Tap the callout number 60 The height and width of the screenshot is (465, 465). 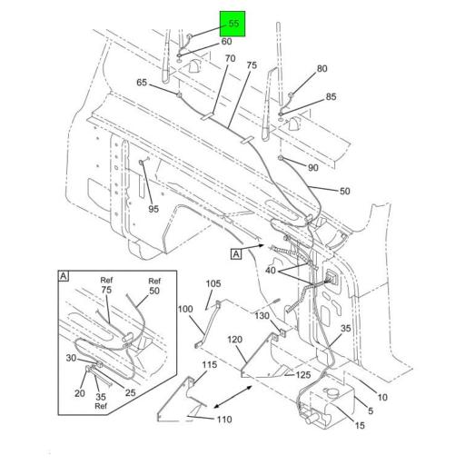[x=226, y=42]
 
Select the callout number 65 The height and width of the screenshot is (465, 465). [x=142, y=83]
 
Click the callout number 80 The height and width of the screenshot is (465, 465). [x=322, y=69]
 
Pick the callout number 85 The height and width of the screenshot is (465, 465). [x=331, y=96]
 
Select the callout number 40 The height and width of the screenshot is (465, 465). [x=272, y=270]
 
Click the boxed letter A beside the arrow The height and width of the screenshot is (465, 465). [x=236, y=254]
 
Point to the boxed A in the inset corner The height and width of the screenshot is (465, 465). [x=64, y=274]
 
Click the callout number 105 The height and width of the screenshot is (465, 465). [x=213, y=284]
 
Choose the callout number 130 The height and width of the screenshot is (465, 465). [x=262, y=316]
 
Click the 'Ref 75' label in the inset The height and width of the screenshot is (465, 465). [x=107, y=286]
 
